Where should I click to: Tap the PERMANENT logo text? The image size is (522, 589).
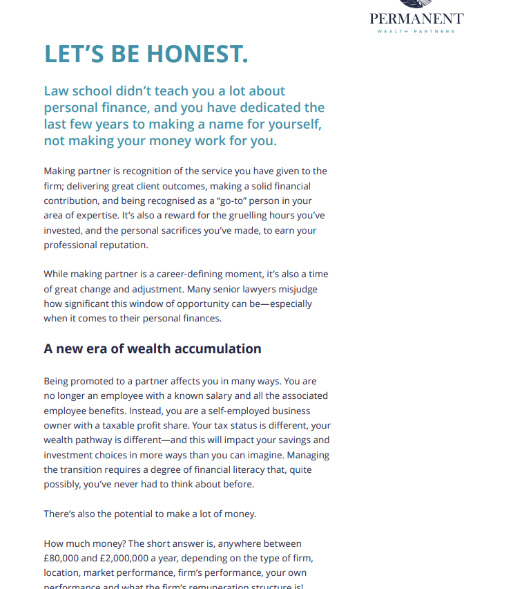click(416, 19)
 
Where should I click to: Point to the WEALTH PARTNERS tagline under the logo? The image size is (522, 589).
click(416, 31)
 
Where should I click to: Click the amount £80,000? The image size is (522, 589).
click(66, 559)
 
